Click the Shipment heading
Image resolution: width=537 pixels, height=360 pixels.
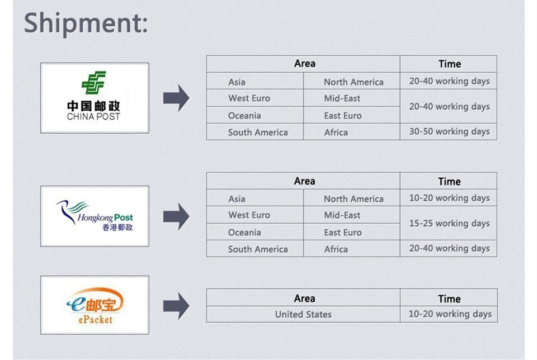click(86, 23)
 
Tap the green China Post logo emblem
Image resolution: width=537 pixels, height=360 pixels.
click(93, 83)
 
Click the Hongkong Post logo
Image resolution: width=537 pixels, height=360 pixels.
click(95, 216)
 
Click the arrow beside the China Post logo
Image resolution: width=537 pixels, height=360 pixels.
click(176, 98)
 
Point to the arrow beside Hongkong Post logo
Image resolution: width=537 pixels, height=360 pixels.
click(176, 216)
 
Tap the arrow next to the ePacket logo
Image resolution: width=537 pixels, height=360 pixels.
click(176, 306)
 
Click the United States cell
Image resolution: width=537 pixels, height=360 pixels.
click(303, 314)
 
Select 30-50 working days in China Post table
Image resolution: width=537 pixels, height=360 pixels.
click(449, 132)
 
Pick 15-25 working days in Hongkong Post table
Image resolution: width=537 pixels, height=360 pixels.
click(449, 224)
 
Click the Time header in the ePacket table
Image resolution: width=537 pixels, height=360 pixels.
click(449, 299)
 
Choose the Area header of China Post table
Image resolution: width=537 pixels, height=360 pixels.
click(304, 64)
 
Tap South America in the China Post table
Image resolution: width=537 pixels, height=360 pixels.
click(258, 132)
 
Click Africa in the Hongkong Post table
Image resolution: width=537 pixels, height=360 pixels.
click(336, 249)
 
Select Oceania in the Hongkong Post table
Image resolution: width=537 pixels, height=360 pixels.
click(244, 233)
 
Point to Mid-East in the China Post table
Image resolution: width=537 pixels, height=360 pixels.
click(342, 98)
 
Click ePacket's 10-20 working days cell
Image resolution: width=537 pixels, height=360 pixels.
click(450, 314)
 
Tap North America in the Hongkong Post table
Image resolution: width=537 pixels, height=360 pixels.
click(354, 199)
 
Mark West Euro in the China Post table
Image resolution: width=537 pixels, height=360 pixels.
click(249, 98)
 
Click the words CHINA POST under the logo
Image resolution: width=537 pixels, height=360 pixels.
click(93, 117)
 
